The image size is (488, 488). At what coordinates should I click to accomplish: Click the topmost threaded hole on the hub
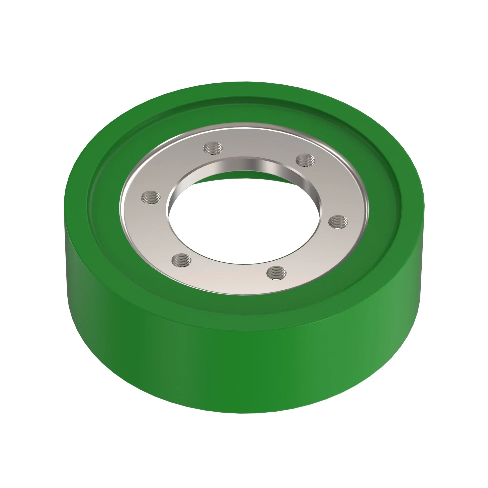coord(213,148)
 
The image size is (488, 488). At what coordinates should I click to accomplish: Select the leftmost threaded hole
coord(151,197)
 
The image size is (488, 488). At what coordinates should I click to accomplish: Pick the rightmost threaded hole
coord(338,222)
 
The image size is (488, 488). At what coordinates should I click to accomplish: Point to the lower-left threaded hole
coord(181,260)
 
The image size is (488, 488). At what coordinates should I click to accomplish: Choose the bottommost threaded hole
coord(277,273)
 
